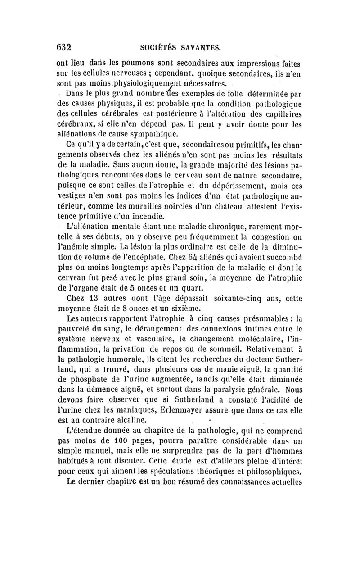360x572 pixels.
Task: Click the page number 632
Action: point(64,46)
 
